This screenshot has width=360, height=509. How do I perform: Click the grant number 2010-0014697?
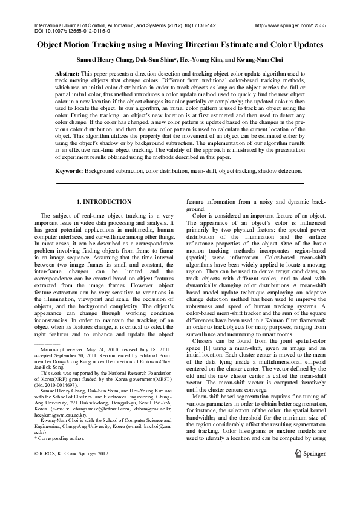tap(73, 401)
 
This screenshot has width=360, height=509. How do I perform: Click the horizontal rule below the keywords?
tap(180, 183)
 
